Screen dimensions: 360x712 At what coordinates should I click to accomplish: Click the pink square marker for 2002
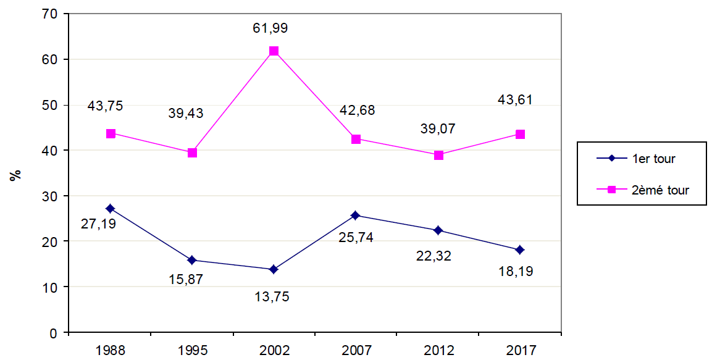274,51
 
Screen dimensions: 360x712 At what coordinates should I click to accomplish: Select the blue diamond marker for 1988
110,209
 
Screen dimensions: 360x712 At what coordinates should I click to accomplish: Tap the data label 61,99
270,28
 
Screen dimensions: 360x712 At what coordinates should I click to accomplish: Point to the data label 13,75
272,296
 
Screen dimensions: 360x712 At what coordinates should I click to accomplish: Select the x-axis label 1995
192,351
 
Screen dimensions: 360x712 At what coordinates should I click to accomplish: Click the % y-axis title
16,174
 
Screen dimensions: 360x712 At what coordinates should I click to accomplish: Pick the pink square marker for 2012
438,155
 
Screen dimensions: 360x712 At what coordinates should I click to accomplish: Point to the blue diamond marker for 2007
356,216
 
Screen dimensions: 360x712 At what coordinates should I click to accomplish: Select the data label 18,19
515,271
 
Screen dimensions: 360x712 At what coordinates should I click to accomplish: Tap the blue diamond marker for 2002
274,270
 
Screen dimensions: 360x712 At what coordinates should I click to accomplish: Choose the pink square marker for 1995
192,153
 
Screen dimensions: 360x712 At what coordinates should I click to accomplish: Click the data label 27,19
98,223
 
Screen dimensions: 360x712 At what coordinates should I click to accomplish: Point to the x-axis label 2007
356,351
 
